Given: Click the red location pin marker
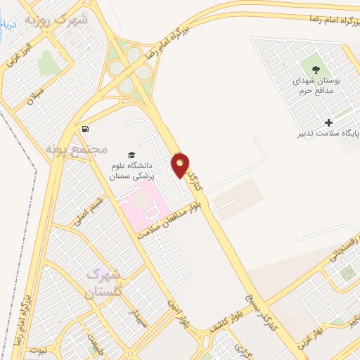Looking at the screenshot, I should [x=181, y=165].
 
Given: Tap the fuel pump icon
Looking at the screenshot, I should [x=85, y=129].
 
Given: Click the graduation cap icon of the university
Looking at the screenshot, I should [x=131, y=154].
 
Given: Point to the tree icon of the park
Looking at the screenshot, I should [x=316, y=69].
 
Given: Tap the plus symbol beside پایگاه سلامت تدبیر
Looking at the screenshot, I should [x=328, y=122].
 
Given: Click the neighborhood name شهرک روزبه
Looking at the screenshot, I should [x=56, y=19].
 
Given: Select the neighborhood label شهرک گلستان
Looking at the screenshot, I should [x=104, y=281].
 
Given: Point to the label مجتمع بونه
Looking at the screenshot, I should [x=77, y=149].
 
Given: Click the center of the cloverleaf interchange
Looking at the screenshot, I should [x=130, y=69].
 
